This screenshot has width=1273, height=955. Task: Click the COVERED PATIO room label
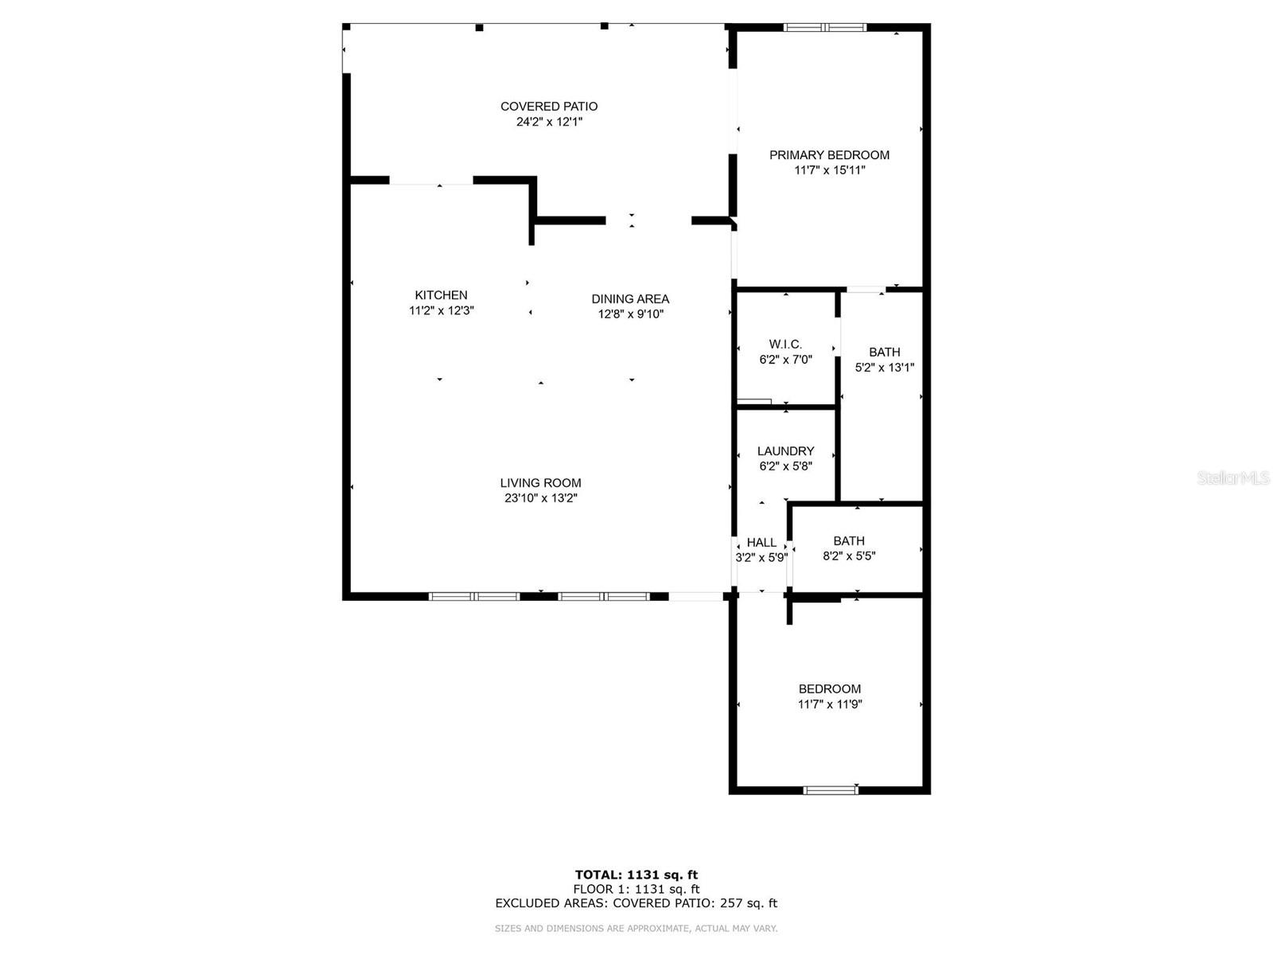pyautogui.click(x=549, y=107)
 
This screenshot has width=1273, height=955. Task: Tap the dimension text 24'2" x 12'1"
pyautogui.click(x=549, y=122)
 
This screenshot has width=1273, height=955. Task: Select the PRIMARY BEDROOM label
pyautogui.click(x=829, y=155)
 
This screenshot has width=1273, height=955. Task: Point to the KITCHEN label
pyautogui.click(x=441, y=295)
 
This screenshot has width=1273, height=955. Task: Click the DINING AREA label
pyautogui.click(x=630, y=299)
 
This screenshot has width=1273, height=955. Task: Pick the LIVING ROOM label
pyautogui.click(x=540, y=483)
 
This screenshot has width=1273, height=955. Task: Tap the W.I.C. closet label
pyautogui.click(x=785, y=345)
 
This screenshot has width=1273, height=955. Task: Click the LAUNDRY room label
pyautogui.click(x=785, y=451)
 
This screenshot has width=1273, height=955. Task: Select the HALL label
pyautogui.click(x=761, y=543)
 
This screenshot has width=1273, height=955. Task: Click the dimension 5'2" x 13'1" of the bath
pyautogui.click(x=885, y=368)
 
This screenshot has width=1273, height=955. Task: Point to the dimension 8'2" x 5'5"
pyautogui.click(x=849, y=556)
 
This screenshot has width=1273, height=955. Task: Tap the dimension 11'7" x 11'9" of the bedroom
pyautogui.click(x=830, y=704)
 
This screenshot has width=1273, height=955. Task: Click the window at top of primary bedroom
pyautogui.click(x=825, y=27)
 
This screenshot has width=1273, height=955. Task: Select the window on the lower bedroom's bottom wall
pyautogui.click(x=831, y=789)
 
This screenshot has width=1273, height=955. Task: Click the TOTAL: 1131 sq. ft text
pyautogui.click(x=636, y=875)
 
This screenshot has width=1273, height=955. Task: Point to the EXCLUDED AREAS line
pyautogui.click(x=636, y=902)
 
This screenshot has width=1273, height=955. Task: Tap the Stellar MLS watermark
pyautogui.click(x=1233, y=477)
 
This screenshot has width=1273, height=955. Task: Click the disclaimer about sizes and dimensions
pyautogui.click(x=636, y=928)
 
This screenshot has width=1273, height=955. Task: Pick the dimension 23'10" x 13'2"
pyautogui.click(x=540, y=498)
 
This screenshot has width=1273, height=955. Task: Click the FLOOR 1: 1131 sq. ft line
pyautogui.click(x=636, y=889)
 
